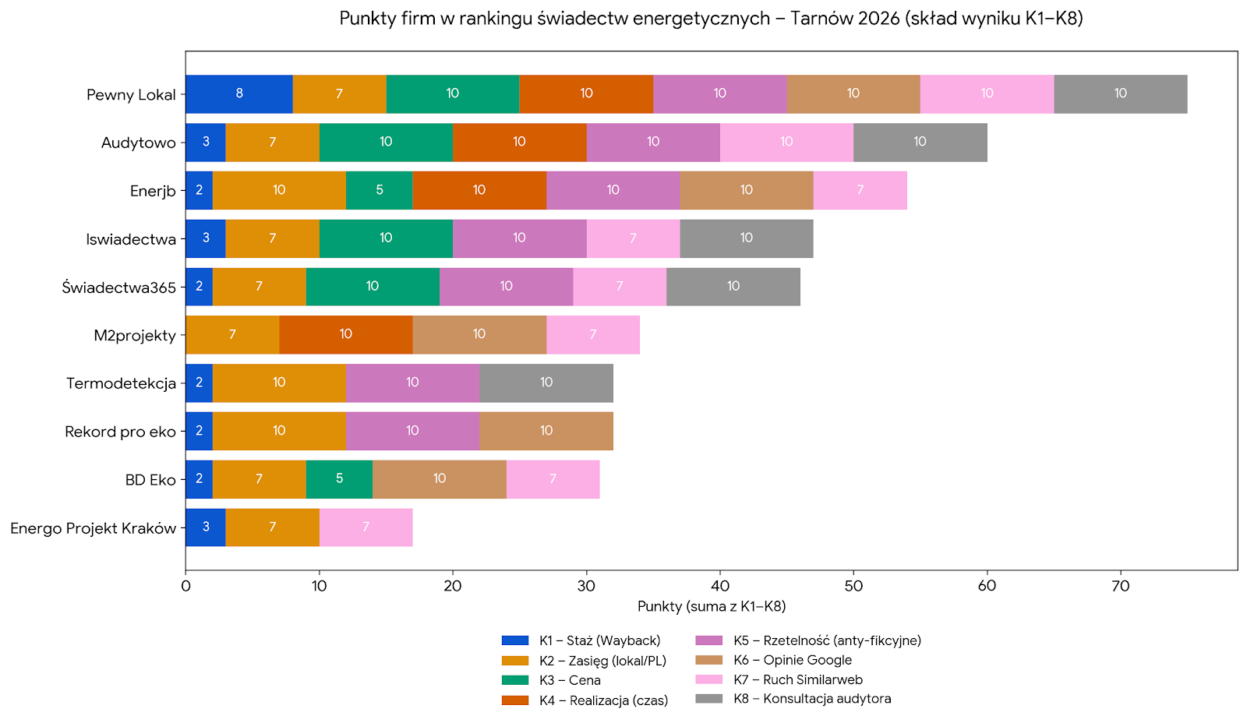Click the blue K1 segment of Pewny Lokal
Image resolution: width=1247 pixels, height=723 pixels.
(238, 93)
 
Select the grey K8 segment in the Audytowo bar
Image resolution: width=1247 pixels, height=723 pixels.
(920, 142)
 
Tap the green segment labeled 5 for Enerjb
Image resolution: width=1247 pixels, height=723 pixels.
(379, 190)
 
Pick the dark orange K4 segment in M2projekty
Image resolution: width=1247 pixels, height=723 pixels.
(345, 335)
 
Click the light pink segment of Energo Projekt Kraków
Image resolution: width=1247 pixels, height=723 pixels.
(366, 527)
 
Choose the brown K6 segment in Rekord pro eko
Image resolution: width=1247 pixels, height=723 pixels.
(546, 431)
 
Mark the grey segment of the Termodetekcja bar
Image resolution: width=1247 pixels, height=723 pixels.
(546, 383)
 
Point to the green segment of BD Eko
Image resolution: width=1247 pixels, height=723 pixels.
(339, 479)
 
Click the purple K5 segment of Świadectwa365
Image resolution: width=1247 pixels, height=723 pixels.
(506, 287)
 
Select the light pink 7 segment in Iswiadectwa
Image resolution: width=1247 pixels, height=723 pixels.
(633, 238)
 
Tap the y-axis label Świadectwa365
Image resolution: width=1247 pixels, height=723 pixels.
(119, 287)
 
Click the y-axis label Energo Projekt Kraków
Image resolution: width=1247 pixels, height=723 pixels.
(94, 528)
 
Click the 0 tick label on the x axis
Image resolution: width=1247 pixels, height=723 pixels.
(185, 586)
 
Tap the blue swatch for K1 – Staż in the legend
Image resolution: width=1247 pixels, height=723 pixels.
(515, 640)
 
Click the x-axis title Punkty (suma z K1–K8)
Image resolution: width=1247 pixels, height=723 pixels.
(711, 606)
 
